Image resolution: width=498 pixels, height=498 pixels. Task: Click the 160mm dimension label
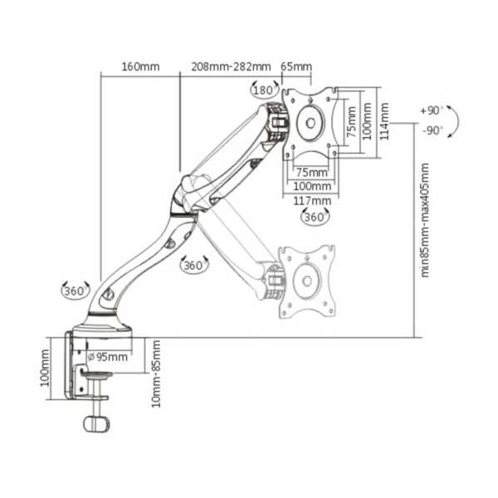tap(140, 67)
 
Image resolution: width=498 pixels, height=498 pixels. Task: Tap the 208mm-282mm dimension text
tap(231, 67)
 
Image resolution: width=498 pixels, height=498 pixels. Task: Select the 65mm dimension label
tap(296, 67)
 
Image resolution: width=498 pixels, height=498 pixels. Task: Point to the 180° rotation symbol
tap(264, 90)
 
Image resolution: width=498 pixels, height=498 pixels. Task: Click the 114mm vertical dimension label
tap(384, 121)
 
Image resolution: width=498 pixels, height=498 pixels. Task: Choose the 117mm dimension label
tap(312, 201)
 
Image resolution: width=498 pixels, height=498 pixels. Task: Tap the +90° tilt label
tap(432, 111)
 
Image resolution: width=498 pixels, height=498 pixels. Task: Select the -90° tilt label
tap(432, 130)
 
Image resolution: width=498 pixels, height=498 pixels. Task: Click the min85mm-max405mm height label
tap(425, 220)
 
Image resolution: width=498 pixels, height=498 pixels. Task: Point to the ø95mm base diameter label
tap(108, 357)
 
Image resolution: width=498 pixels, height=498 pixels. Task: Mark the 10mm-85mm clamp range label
tap(156, 373)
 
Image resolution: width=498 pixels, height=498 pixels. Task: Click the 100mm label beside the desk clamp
tap(45, 368)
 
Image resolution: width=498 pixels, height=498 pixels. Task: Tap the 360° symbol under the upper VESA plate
tap(315, 217)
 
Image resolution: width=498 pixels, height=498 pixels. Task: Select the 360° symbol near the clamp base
tap(75, 290)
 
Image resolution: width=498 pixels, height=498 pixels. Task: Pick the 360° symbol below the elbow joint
tap(194, 265)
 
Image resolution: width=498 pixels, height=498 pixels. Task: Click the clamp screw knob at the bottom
tap(96, 424)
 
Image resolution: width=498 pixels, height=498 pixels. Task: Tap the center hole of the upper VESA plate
tap(310, 123)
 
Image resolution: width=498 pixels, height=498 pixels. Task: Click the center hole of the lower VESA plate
tap(307, 281)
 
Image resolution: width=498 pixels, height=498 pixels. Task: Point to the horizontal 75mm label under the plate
tap(311, 173)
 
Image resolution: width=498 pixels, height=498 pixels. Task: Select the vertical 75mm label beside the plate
tap(350, 122)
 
